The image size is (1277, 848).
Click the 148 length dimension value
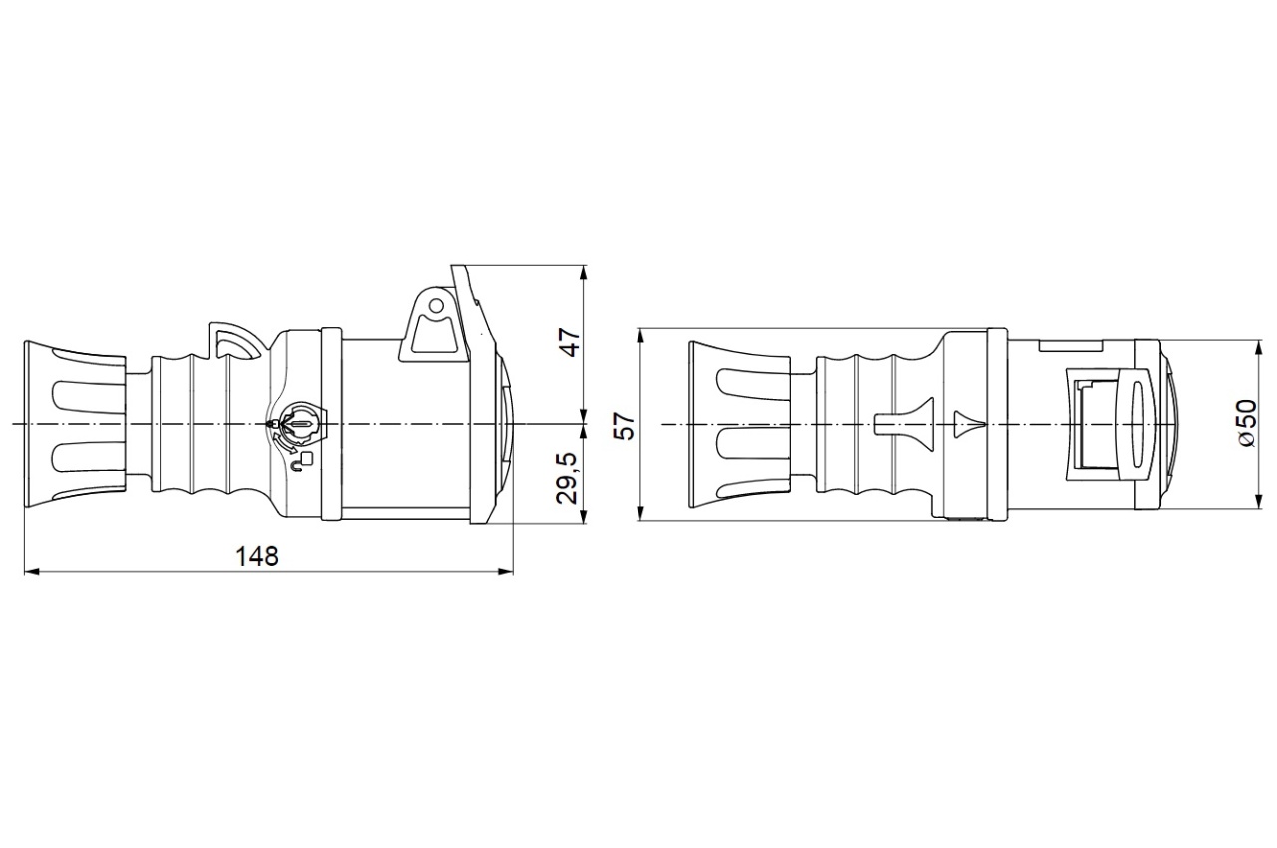[x=257, y=556]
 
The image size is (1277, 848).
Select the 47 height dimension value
[x=572, y=342]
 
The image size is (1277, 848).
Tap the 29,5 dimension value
[x=567, y=478]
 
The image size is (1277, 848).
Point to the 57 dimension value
[x=626, y=425]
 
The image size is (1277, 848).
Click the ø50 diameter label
[x=1247, y=424]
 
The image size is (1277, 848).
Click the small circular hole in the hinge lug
[x=437, y=306]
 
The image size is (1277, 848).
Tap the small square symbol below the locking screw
[x=308, y=457]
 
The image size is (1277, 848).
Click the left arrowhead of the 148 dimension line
[x=31, y=571]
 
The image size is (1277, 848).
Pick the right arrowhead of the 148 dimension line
[x=506, y=571]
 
